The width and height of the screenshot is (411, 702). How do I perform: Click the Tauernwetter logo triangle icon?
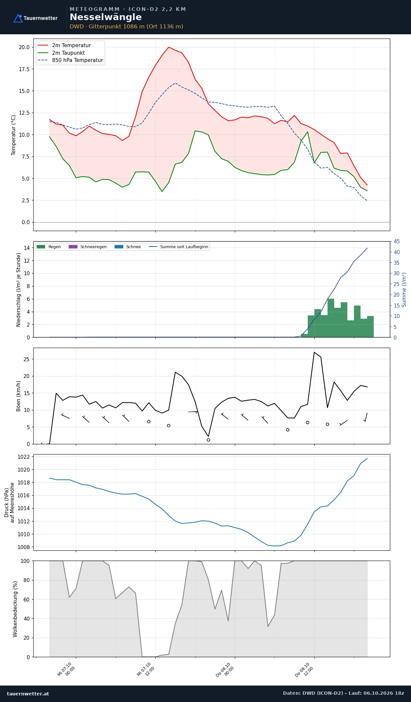18,18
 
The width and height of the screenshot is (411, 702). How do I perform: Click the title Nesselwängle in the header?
106,17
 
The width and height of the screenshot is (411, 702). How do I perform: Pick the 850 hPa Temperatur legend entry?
70,60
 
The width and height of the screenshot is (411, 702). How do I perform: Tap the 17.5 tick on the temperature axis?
24,69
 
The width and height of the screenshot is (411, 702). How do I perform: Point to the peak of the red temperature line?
169,47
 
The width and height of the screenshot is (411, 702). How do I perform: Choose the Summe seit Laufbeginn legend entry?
178,247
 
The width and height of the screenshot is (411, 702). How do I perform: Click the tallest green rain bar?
331,318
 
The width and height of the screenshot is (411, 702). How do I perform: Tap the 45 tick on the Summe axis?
396,241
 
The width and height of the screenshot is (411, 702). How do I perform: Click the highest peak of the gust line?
314,352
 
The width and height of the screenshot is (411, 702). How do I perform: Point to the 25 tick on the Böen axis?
26,359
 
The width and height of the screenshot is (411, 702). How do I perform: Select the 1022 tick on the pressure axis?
23,457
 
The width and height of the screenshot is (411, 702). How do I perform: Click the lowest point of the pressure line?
274,546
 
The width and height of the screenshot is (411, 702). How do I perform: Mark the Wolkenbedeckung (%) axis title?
15,609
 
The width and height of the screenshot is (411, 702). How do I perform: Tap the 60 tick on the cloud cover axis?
26,599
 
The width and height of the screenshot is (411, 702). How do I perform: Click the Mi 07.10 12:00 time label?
146,669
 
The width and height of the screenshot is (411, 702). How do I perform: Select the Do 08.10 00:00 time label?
225,669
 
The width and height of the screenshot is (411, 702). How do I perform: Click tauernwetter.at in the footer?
28,693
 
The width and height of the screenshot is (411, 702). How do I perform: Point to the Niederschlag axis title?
18,290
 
